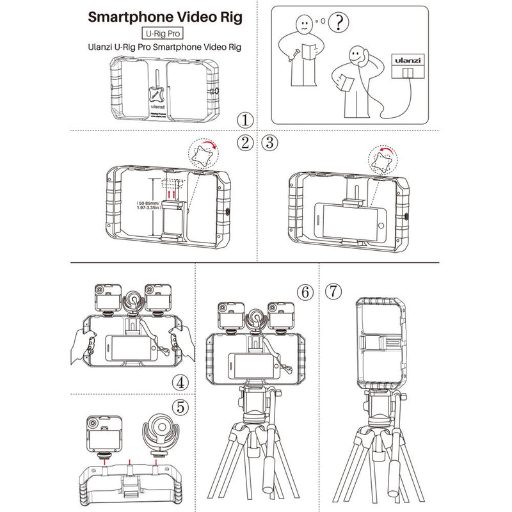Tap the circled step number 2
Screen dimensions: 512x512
tap(244, 143)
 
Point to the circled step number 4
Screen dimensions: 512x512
tap(182, 382)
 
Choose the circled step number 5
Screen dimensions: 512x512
tap(182, 406)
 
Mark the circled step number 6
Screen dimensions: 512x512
tap(305, 292)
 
